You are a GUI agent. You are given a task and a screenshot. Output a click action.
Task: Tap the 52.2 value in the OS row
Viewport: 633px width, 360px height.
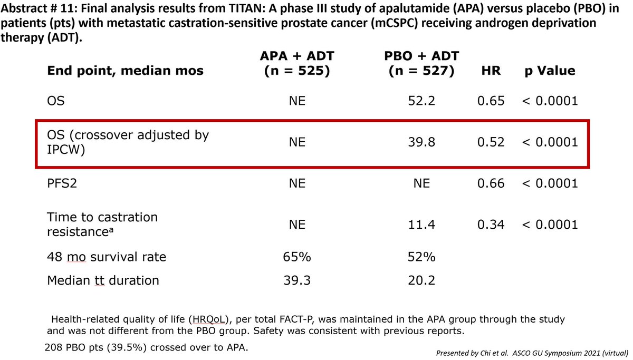421,101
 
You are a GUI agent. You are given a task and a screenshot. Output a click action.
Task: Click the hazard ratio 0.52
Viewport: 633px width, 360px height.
491,142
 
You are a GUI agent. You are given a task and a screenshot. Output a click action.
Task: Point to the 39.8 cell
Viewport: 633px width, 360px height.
421,142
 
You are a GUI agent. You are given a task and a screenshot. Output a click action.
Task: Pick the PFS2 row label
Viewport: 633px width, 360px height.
62,183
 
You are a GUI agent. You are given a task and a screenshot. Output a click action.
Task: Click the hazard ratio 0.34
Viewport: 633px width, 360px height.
491,225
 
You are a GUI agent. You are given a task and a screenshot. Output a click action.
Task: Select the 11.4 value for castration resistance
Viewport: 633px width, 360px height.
421,225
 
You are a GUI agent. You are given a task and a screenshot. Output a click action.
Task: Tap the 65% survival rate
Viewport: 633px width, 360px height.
296,257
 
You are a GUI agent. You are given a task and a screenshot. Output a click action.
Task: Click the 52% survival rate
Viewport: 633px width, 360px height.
421,257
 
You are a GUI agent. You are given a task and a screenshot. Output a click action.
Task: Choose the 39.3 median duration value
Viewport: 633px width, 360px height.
296,280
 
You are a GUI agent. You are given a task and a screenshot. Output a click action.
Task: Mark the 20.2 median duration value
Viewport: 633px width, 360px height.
421,280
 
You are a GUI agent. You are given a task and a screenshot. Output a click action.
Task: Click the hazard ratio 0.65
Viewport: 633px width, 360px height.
491,101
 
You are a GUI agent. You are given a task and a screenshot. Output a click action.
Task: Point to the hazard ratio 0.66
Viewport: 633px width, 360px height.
491,183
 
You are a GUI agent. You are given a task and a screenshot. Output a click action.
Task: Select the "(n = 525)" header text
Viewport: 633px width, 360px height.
296,71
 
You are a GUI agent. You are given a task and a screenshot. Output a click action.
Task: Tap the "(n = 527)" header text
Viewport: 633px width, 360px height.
421,71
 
